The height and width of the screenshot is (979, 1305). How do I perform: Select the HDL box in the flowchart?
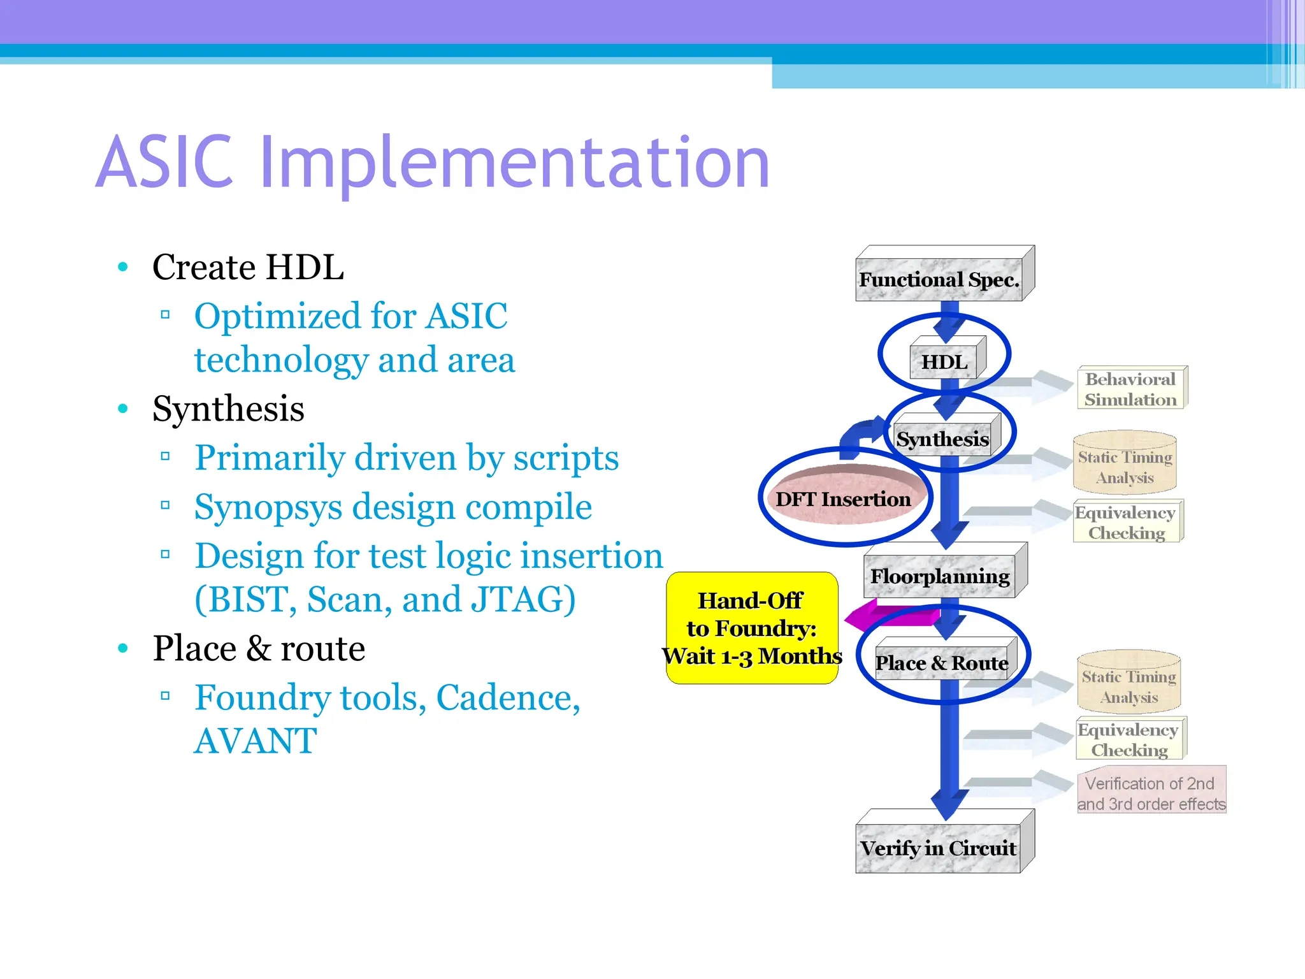point(944,362)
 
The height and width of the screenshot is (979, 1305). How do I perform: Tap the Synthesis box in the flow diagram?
point(943,439)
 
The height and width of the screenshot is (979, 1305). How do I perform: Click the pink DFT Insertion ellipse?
point(844,498)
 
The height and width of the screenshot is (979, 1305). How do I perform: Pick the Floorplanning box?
point(941,576)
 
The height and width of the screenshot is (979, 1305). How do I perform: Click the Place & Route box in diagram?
point(941,662)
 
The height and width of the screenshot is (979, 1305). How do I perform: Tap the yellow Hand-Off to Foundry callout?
point(752,628)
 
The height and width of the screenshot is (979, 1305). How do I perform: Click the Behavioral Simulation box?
point(1130,389)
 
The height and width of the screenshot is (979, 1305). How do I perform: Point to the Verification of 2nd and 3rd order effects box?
point(1151,793)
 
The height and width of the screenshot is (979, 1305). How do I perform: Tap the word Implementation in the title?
point(515,164)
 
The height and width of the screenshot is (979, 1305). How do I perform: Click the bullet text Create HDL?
point(248,267)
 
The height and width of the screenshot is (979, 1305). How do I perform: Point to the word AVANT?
point(255,741)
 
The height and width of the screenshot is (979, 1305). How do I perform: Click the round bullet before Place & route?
point(123,649)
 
